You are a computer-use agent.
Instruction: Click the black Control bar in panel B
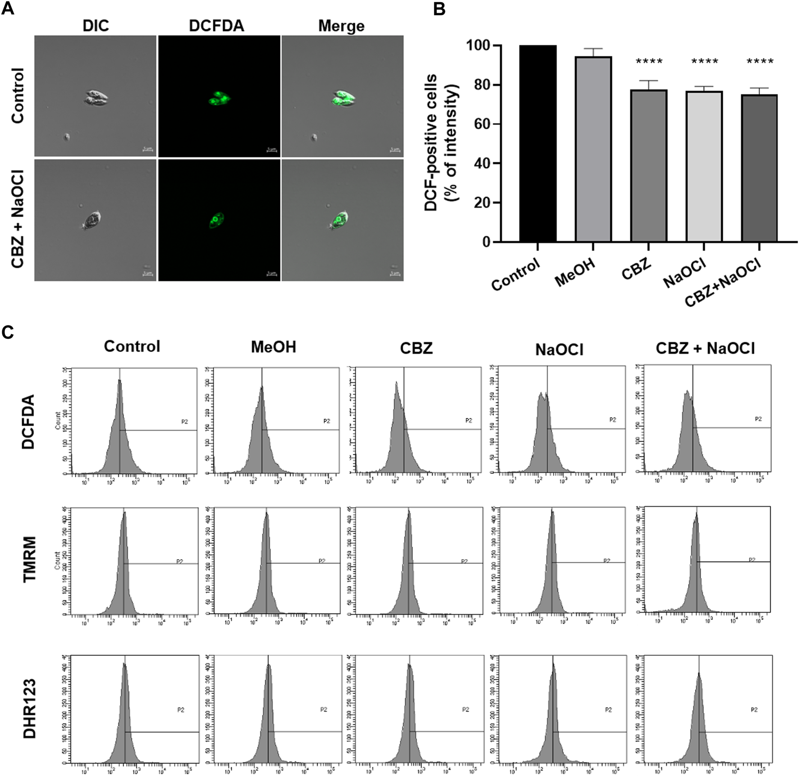(537, 144)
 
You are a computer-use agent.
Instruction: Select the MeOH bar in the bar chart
(593, 149)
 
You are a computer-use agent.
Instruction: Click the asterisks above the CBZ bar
(649, 62)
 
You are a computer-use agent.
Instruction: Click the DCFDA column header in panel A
(216, 26)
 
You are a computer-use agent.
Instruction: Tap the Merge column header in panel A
(341, 26)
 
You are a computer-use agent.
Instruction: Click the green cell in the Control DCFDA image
(220, 98)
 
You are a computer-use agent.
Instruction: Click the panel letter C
(8, 332)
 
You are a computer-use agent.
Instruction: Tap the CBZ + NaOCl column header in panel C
(705, 348)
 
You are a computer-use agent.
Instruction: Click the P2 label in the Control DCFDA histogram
(184, 422)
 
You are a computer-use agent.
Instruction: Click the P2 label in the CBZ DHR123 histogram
(466, 709)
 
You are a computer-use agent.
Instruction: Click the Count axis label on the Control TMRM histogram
(57, 562)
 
